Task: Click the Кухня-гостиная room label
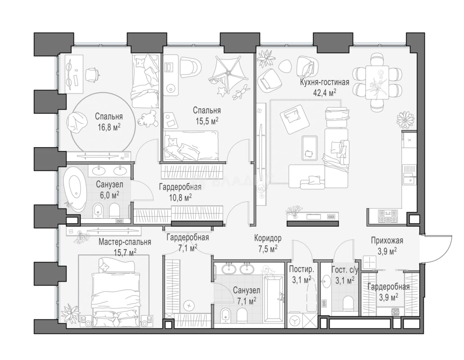pos(325,82)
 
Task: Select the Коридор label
pos(268,238)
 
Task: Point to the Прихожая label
pos(387,241)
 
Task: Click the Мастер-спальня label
pos(125,242)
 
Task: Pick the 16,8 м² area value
pos(109,127)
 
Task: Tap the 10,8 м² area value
pos(180,198)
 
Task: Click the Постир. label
pos(302,269)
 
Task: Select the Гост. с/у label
pos(344,270)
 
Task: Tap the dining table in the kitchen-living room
pos(377,83)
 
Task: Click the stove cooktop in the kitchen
pos(388,216)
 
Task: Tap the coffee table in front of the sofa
pos(310,148)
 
